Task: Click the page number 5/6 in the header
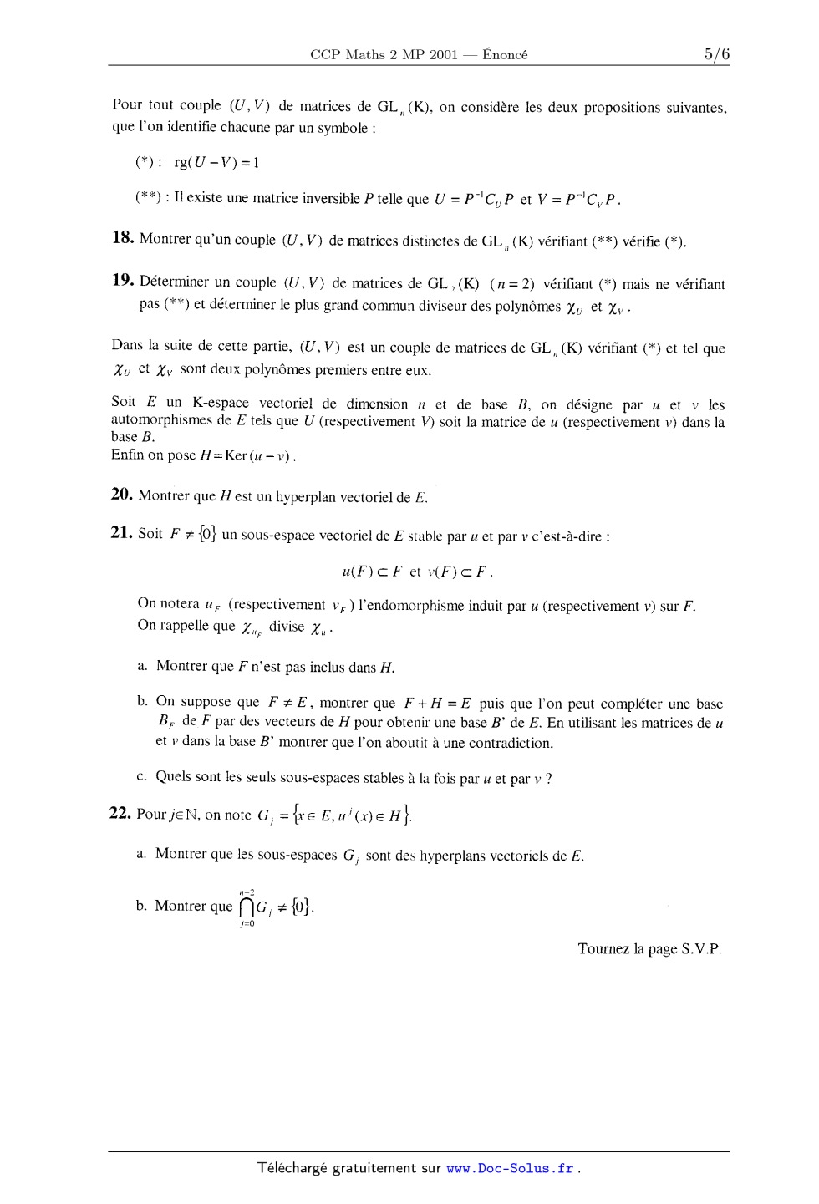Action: coord(716,54)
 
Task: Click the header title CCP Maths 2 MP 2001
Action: coord(384,55)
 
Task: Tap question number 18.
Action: coord(123,238)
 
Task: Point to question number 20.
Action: coord(122,495)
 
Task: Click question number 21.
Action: coord(122,532)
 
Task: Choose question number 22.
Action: coord(121,813)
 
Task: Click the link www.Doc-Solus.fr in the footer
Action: coord(510,1169)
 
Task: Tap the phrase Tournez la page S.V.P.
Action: coord(649,949)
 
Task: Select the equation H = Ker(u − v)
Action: coord(248,455)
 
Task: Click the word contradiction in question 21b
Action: coord(512,743)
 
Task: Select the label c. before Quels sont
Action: coord(142,777)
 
